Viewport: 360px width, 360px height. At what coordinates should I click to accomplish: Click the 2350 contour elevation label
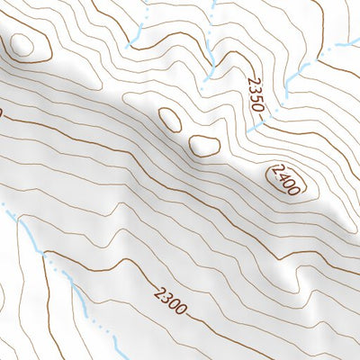(x=255, y=94)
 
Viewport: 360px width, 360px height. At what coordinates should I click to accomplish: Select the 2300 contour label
(x=170, y=300)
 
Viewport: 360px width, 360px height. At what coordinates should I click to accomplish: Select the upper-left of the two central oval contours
(x=168, y=117)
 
